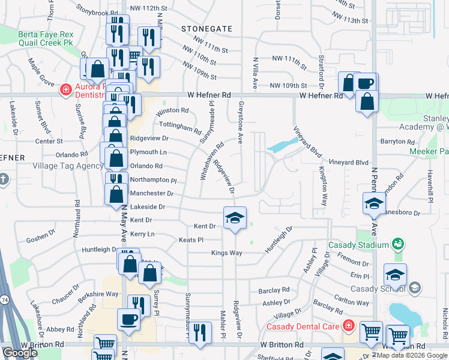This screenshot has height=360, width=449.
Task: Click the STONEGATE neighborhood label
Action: [206, 28]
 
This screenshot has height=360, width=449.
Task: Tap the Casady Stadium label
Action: [358, 245]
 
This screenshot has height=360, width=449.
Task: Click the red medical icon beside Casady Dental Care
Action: [349, 326]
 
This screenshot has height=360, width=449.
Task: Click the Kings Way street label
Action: [226, 253]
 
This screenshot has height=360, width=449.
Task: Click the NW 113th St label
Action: [354, 20]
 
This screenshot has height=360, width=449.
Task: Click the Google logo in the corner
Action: [20, 353]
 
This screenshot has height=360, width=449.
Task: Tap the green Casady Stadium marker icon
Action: [397, 244]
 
